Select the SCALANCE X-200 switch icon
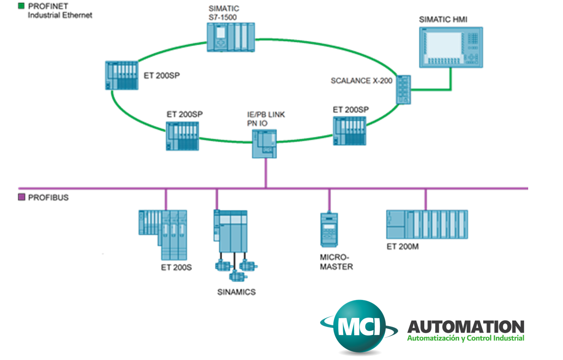click(x=404, y=89)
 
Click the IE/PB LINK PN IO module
click(x=265, y=143)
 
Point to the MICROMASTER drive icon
click(x=329, y=228)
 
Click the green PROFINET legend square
click(x=21, y=6)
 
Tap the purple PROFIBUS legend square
click(x=21, y=197)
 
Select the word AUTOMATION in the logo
click(x=465, y=327)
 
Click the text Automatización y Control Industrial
click(x=465, y=338)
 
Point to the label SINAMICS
click(x=236, y=292)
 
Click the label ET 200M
click(x=403, y=246)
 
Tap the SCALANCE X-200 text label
click(x=361, y=81)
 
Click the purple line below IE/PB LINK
click(x=265, y=173)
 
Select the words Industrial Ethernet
click(x=60, y=15)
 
